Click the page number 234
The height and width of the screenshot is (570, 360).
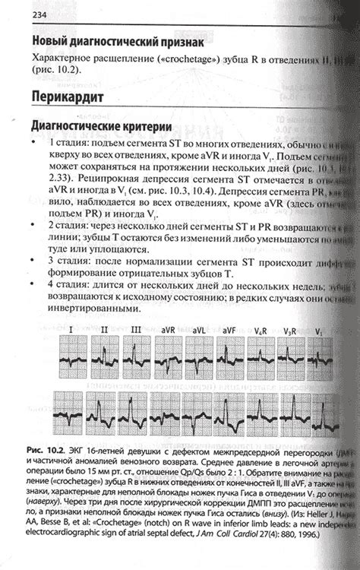33,16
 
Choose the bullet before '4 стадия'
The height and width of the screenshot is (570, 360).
34,284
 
